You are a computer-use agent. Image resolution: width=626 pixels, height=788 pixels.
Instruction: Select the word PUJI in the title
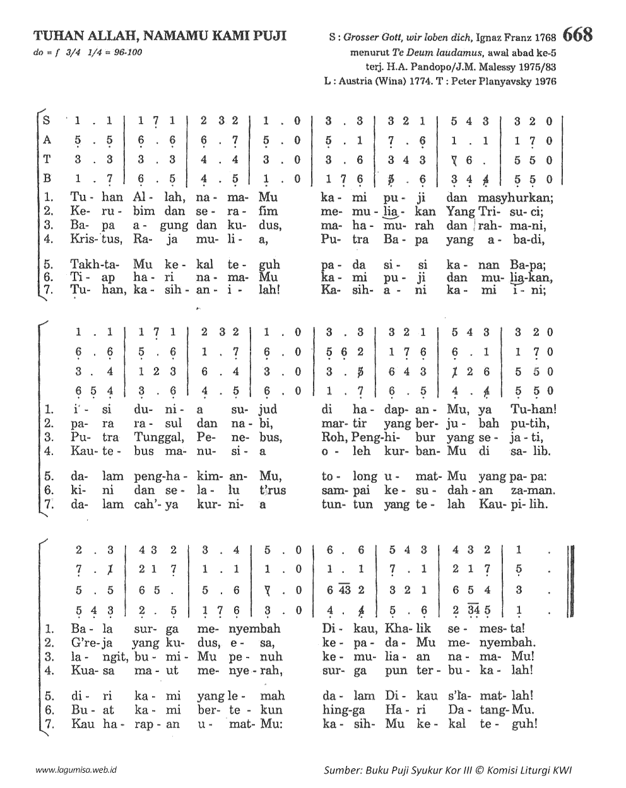[x=268, y=35]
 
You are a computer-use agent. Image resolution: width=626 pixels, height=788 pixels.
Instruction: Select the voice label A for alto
[x=46, y=141]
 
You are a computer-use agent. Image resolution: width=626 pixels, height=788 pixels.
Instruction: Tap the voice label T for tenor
[x=46, y=159]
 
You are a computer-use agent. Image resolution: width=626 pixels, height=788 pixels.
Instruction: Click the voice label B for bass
[x=46, y=178]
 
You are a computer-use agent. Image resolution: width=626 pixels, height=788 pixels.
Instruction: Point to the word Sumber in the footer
[x=341, y=770]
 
